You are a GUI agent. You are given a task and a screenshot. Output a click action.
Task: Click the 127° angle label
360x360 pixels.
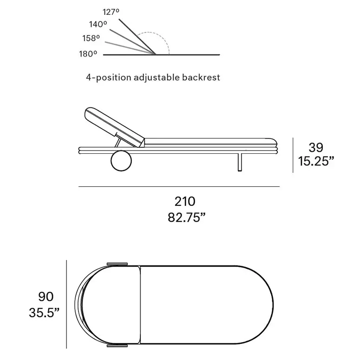point(111,12)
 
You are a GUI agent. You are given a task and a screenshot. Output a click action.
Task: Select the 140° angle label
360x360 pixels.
point(98,24)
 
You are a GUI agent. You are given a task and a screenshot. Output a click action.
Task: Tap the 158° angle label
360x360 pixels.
point(91,38)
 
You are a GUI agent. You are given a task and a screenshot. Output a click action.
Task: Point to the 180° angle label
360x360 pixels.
point(88,54)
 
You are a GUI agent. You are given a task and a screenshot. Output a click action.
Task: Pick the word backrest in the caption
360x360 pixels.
point(201,78)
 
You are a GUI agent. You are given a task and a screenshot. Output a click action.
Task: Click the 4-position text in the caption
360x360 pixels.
point(108,78)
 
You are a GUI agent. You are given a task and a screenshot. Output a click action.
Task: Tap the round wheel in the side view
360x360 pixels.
point(121,161)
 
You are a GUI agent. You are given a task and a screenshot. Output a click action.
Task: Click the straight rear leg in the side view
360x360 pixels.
point(240,162)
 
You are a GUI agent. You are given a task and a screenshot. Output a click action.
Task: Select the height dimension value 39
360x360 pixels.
point(316,147)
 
